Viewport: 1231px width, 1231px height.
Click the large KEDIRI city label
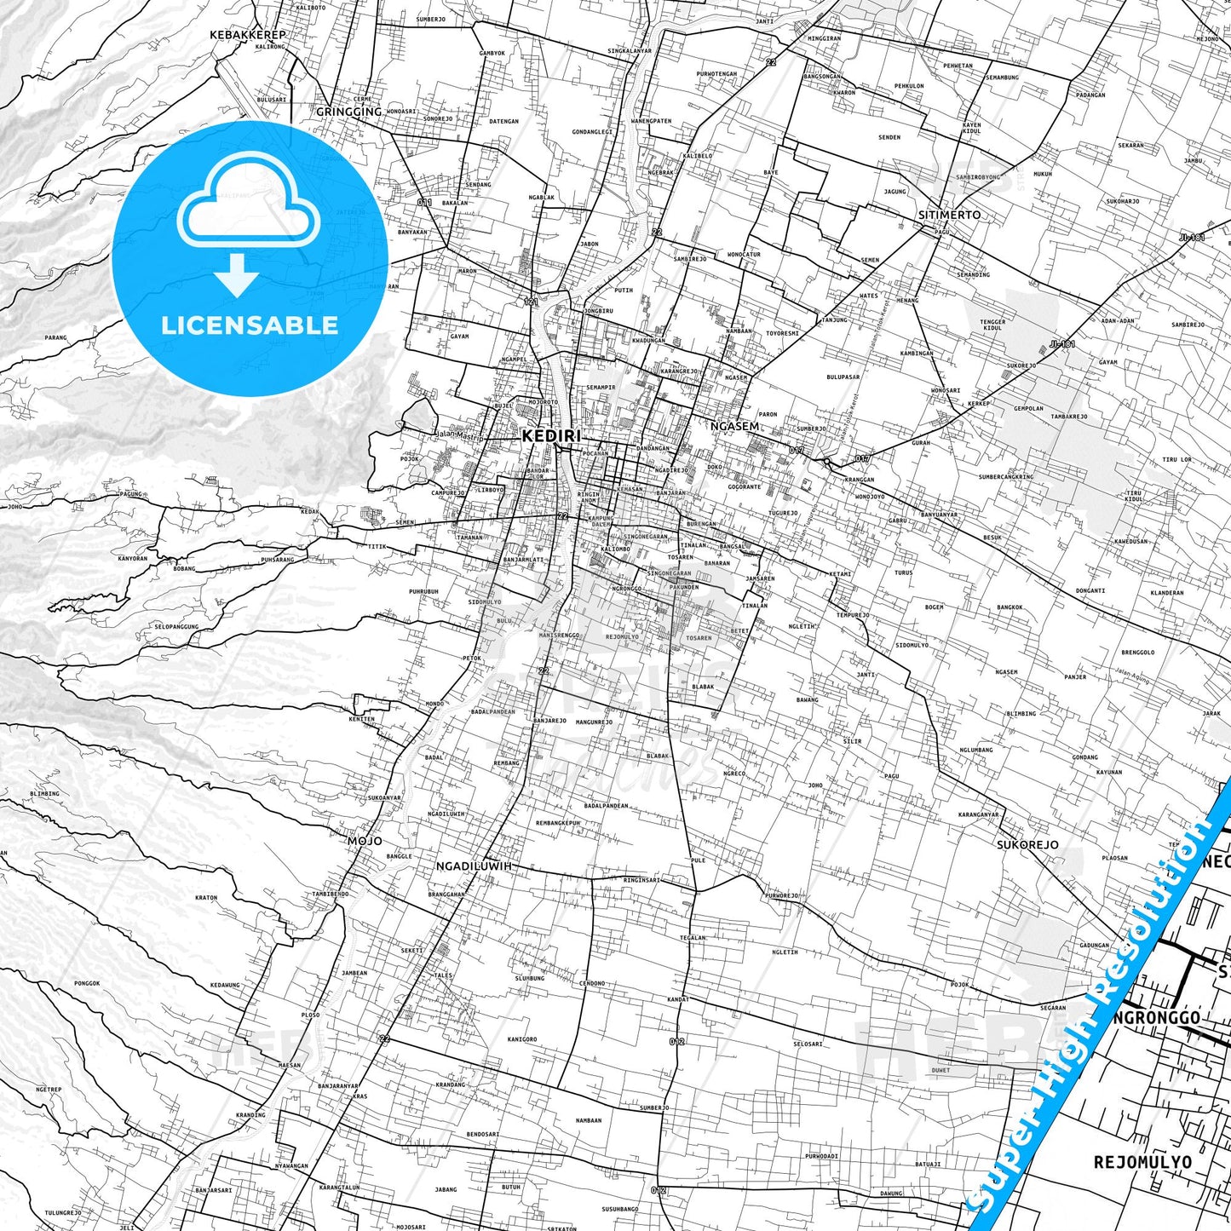(x=550, y=435)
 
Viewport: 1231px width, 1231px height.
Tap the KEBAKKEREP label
(x=248, y=35)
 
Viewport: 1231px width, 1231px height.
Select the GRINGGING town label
(x=348, y=112)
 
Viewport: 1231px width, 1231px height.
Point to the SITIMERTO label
(x=949, y=215)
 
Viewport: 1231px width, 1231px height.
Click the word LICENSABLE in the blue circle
(x=250, y=325)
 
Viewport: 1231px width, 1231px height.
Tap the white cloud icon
(x=249, y=210)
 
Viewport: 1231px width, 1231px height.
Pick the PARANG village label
(x=55, y=337)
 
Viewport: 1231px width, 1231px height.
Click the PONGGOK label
(x=87, y=983)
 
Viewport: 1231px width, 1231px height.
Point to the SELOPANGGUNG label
(x=176, y=626)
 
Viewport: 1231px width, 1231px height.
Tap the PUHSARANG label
(x=277, y=560)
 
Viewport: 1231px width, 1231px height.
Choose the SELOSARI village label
(x=808, y=1044)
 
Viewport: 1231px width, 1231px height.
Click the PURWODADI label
(x=821, y=1156)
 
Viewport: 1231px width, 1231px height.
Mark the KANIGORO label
(x=522, y=1038)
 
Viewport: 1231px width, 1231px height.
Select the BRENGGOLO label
(x=1137, y=653)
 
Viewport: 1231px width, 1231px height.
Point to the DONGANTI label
(x=1090, y=590)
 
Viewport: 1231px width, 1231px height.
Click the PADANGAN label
(x=1090, y=95)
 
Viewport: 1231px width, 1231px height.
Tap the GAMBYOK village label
(x=492, y=53)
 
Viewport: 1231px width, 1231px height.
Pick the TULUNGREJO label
(x=62, y=1212)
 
